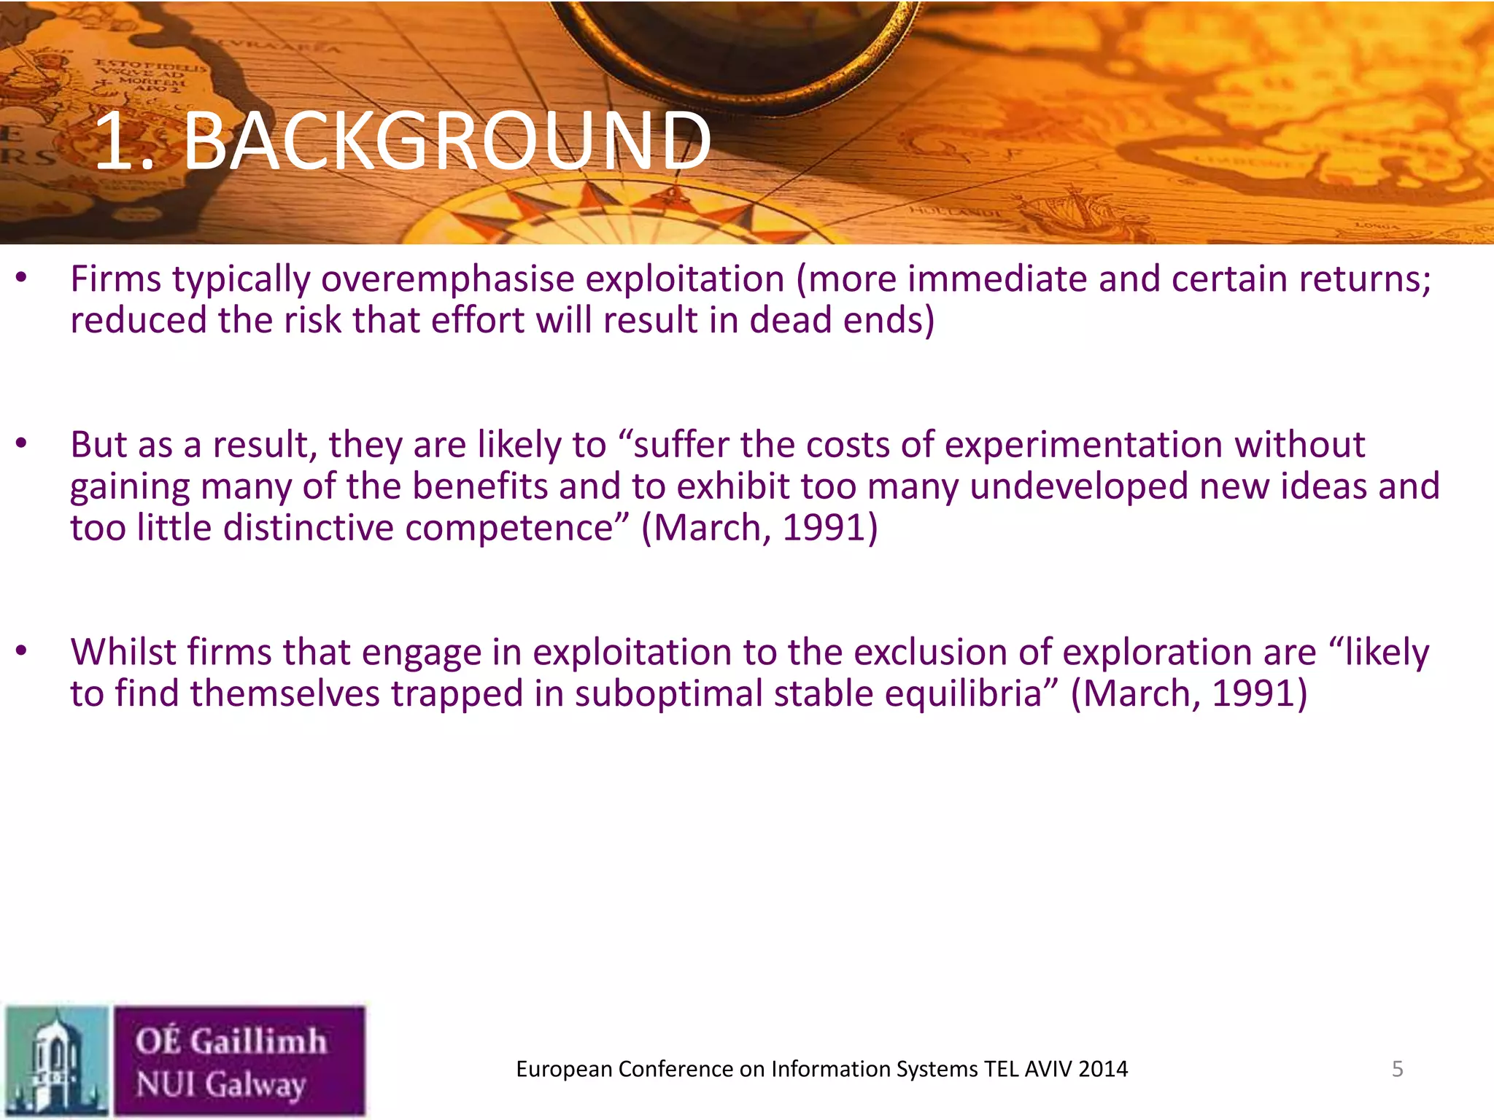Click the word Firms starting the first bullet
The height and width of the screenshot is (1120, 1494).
pos(115,279)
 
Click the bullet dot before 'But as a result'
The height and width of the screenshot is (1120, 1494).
pos(21,443)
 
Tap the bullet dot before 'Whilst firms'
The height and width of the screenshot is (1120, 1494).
pos(21,650)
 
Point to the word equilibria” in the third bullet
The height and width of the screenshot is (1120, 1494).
pos(971,693)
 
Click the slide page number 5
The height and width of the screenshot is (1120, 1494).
pos(1397,1069)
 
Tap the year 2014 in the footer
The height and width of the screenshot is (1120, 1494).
pos(1103,1069)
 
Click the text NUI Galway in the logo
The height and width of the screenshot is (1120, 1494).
pos(220,1085)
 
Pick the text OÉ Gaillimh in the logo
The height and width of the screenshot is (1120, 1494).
pos(231,1041)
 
